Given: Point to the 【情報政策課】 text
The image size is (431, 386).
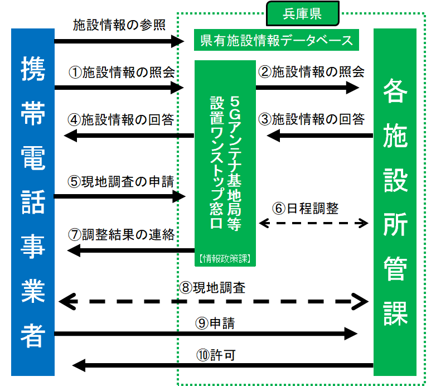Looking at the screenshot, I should click(x=225, y=258).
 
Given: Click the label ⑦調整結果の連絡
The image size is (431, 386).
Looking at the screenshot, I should click(x=122, y=234).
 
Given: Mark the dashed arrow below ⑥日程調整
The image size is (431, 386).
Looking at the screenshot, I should click(x=314, y=223).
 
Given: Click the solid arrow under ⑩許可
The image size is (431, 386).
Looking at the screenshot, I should click(x=223, y=366).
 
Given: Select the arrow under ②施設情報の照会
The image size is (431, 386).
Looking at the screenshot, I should click(x=307, y=87).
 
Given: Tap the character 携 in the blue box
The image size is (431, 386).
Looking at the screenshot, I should click(x=33, y=70).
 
